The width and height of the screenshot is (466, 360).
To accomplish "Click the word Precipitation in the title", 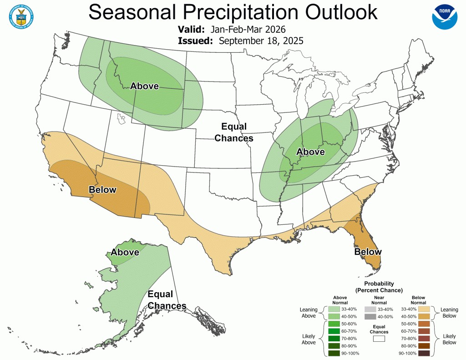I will coord(233,12).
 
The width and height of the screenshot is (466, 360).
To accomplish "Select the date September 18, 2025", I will coord(261,41).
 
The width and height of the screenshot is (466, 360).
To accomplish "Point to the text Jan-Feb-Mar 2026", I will coord(248,30).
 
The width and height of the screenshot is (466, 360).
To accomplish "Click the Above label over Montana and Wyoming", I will coord(144,86).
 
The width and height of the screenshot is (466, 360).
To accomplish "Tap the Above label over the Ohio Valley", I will coord(310,152).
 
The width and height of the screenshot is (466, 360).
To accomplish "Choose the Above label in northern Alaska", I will coord(125,252).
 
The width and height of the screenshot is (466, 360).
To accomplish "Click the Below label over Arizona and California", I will coord(102,190).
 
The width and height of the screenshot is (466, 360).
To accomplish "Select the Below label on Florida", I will coord(368,252).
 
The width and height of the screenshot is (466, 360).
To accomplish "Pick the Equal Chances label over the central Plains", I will coord(234,132).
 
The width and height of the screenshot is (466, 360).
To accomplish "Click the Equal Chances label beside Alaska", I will coord(166,300).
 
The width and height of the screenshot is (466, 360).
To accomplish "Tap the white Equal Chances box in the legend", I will coord(379,338).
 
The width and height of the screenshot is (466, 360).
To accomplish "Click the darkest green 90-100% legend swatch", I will coord(334,353).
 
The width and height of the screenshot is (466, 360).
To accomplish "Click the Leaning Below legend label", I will coord(449,313).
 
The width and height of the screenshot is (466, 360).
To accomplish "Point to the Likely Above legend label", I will coord(309,339).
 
